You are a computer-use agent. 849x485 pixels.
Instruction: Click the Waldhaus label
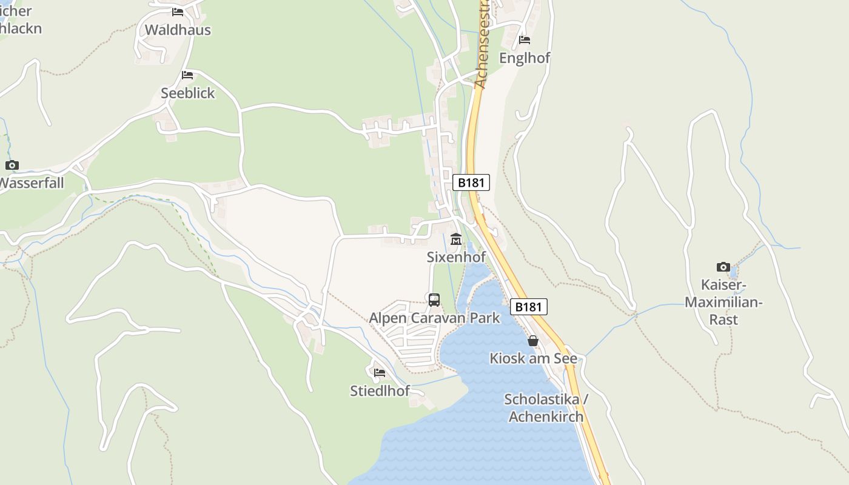click(178, 30)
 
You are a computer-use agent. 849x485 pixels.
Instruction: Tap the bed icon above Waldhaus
click(178, 12)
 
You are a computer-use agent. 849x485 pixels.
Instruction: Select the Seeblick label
click(188, 93)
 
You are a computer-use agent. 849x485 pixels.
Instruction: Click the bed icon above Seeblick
click(187, 75)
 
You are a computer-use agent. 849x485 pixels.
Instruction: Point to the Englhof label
click(525, 58)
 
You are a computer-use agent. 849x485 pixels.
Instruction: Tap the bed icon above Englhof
click(525, 40)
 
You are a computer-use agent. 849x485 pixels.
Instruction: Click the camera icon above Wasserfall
click(12, 165)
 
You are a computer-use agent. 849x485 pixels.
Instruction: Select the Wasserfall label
click(32, 182)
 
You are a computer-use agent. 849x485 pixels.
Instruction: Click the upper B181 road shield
click(471, 182)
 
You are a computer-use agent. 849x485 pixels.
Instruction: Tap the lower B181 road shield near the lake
click(528, 307)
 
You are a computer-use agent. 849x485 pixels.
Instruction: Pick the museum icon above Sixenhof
click(456, 239)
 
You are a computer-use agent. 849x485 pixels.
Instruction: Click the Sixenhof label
click(456, 257)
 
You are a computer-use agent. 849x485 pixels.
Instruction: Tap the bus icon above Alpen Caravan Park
click(434, 299)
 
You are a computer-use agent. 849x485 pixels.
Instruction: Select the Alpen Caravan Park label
click(434, 318)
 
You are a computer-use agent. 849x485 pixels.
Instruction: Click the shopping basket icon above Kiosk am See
click(533, 341)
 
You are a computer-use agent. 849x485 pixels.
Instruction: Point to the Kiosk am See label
click(534, 358)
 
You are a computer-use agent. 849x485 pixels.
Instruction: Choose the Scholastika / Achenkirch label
click(546, 408)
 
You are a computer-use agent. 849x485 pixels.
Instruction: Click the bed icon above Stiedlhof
click(380, 372)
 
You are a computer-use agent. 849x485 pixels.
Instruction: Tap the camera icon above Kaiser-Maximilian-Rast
click(723, 267)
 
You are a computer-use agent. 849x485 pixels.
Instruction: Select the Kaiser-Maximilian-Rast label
click(723, 302)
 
